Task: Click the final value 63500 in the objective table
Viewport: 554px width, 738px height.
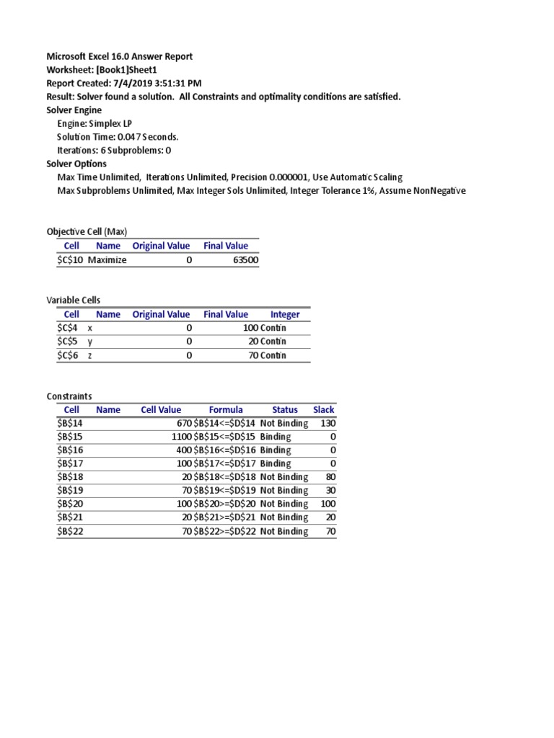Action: pyautogui.click(x=245, y=260)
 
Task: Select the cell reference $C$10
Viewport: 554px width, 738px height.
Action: pyautogui.click(x=71, y=260)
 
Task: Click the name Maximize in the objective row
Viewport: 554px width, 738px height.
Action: pyautogui.click(x=107, y=260)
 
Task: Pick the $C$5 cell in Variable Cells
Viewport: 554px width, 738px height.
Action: pyautogui.click(x=71, y=342)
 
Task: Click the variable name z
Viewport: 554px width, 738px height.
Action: pyautogui.click(x=90, y=355)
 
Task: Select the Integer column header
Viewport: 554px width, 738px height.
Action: pyautogui.click(x=285, y=314)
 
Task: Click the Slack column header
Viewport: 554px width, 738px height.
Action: pyautogui.click(x=324, y=409)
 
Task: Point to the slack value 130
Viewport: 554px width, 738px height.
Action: pyautogui.click(x=328, y=423)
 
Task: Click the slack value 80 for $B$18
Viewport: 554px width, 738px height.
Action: pyautogui.click(x=330, y=477)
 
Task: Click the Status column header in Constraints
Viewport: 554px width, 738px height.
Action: pyautogui.click(x=284, y=409)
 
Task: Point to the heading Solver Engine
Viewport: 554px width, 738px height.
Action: pyautogui.click(x=74, y=110)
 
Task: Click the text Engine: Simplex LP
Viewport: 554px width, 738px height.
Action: pyautogui.click(x=94, y=123)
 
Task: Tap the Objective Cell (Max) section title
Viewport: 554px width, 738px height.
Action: pyautogui.click(x=87, y=231)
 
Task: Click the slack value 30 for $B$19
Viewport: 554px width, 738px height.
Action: pyautogui.click(x=330, y=491)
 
